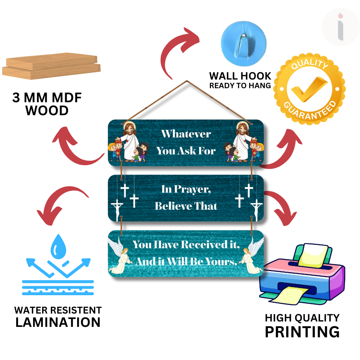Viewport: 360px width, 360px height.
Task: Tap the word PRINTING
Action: tap(302, 332)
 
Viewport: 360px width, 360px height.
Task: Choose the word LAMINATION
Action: tap(58, 322)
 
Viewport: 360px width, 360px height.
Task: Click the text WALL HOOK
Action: tap(240, 76)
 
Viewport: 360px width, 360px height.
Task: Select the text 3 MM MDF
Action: tap(47, 98)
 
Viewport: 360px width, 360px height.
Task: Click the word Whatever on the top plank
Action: tap(186, 134)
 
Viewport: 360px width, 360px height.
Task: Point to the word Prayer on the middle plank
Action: tap(196, 189)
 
